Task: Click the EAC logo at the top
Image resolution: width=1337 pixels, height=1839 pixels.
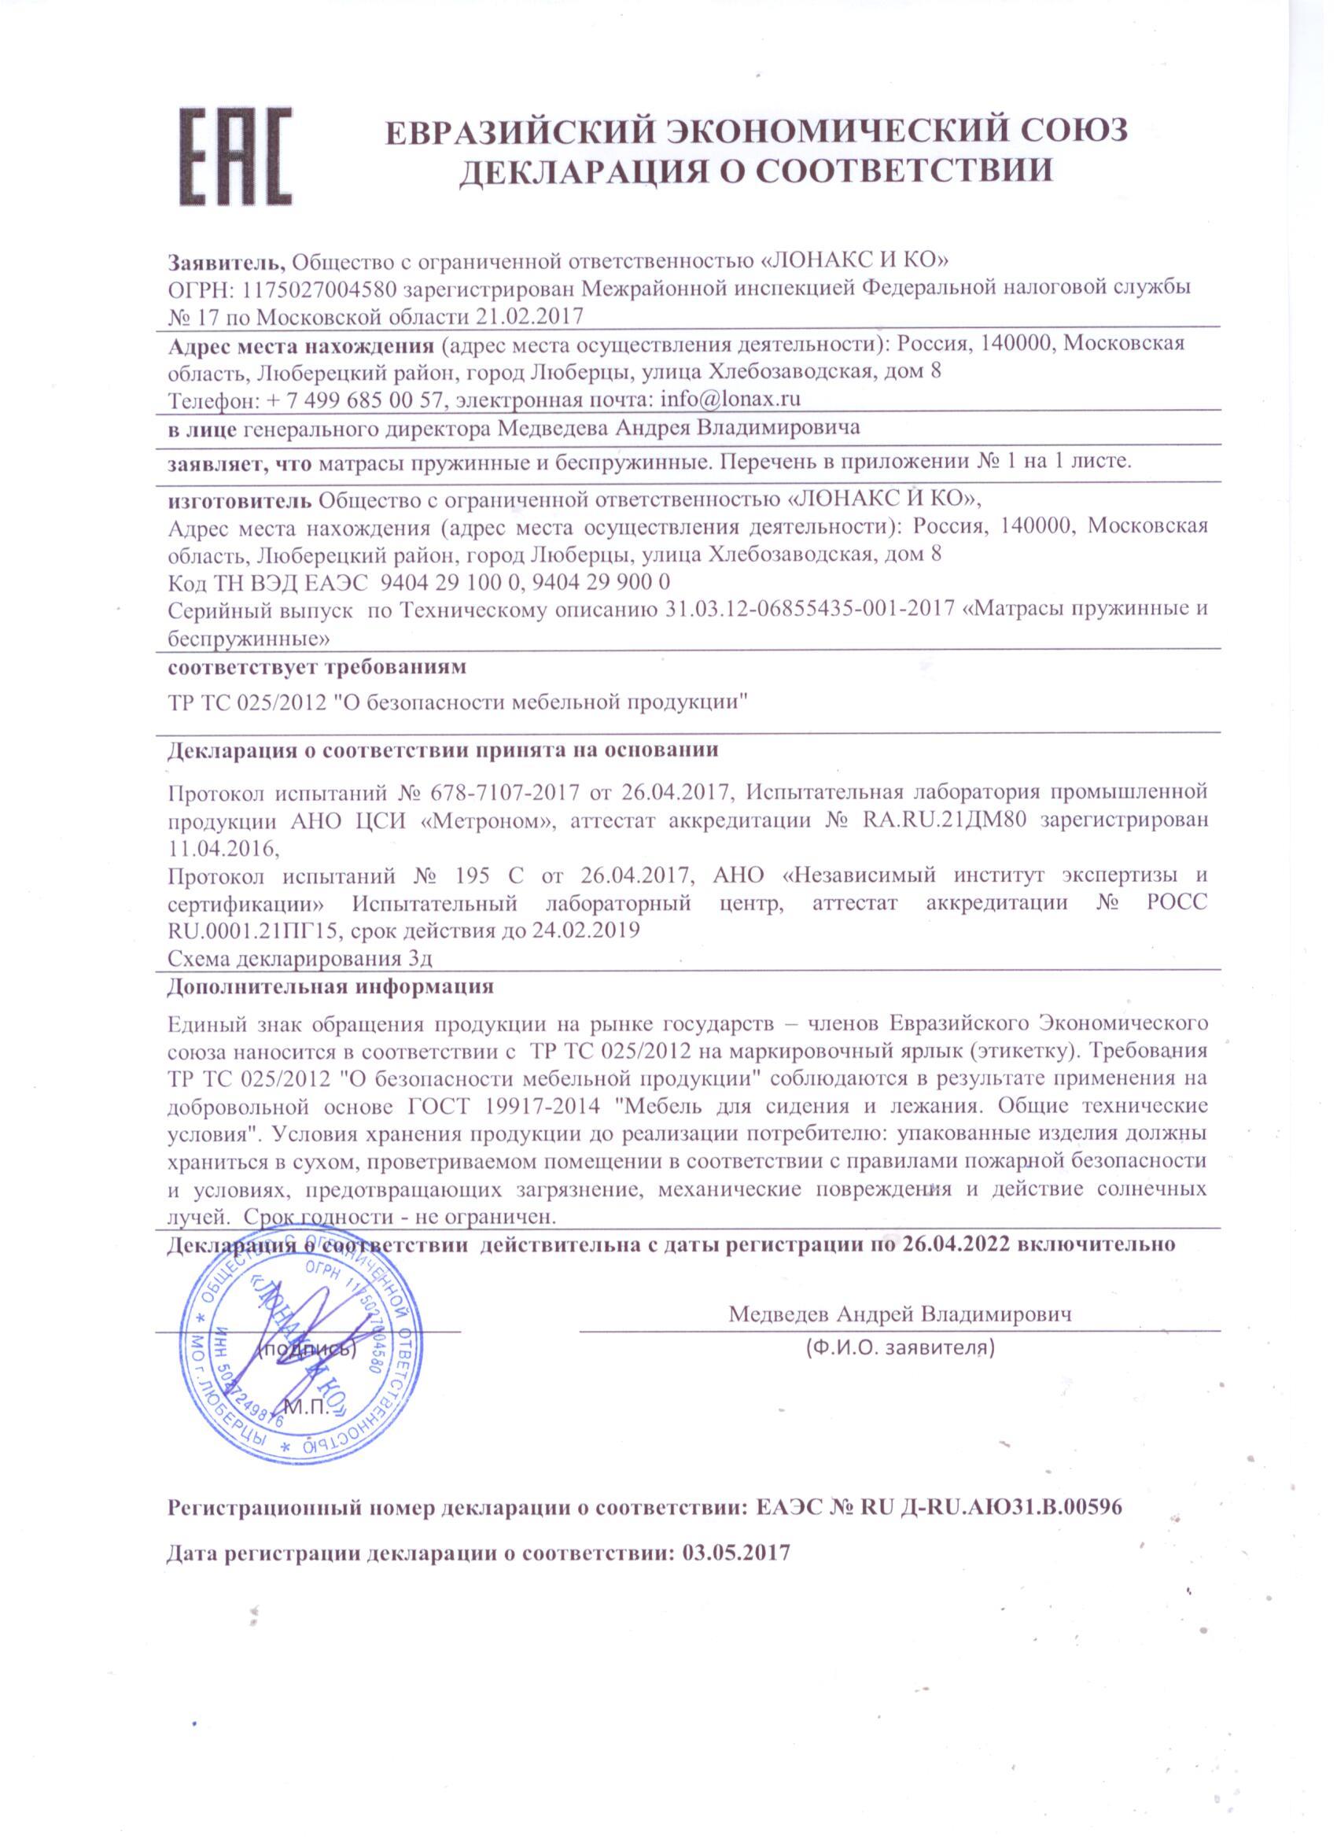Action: click(234, 157)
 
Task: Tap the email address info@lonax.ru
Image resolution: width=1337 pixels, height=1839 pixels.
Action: click(731, 399)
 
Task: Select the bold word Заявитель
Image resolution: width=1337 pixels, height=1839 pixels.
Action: click(227, 261)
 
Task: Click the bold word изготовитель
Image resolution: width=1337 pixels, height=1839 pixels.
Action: click(240, 498)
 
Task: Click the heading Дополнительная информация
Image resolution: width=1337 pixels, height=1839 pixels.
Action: click(330, 987)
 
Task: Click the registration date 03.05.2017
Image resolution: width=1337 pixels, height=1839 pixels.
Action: click(736, 1553)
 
